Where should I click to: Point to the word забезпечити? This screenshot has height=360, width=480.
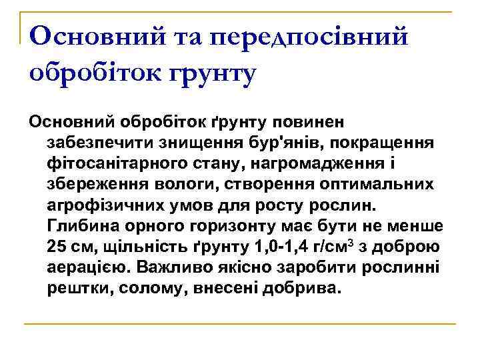(96, 142)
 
